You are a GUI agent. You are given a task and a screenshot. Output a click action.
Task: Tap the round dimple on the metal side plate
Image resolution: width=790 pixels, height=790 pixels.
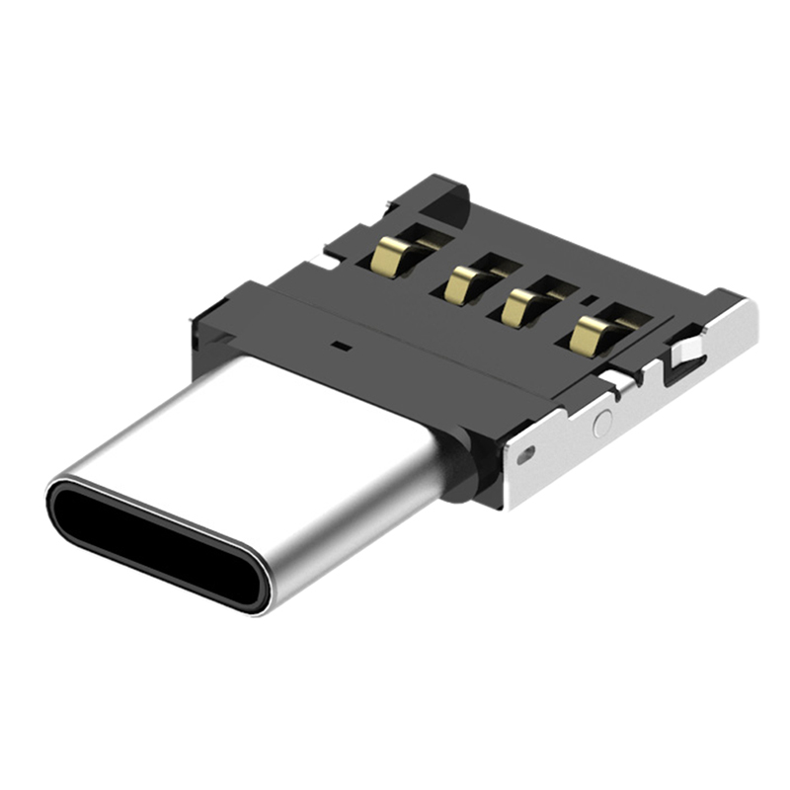pos(601,424)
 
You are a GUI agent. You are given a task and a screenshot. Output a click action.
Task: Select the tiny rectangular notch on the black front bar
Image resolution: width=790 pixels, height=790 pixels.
pos(340,347)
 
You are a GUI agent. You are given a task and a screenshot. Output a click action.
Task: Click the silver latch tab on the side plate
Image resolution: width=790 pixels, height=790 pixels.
pos(686,351)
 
